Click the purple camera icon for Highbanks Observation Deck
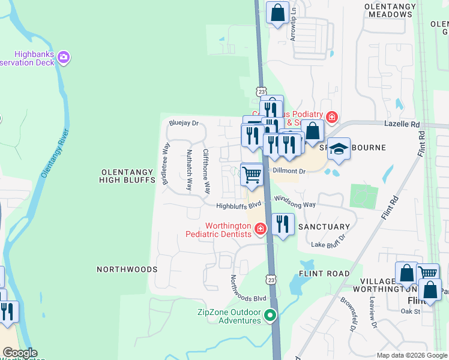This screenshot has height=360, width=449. [64, 58]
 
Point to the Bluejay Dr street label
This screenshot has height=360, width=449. [184, 124]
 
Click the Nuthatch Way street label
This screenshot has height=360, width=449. [189, 170]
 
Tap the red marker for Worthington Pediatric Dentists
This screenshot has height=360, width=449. [260, 229]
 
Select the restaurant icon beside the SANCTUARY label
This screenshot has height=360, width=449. [283, 224]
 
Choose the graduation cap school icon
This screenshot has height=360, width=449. [339, 149]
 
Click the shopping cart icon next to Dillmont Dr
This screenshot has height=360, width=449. [252, 175]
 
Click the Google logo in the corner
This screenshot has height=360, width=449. [20, 353]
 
